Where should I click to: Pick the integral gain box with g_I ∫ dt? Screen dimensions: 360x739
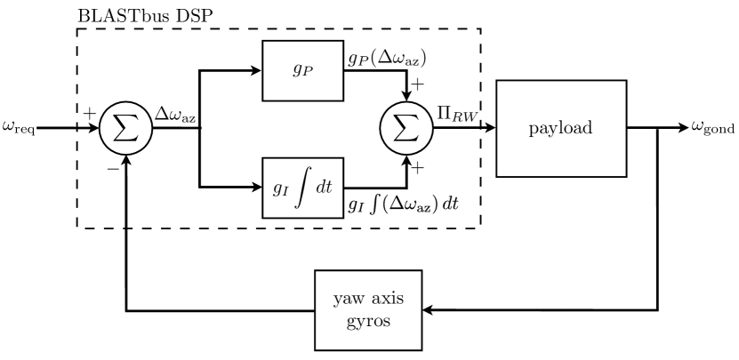coord(303,187)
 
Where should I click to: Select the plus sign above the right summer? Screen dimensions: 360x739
coord(417,87)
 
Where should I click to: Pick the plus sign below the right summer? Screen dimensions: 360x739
coord(417,166)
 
